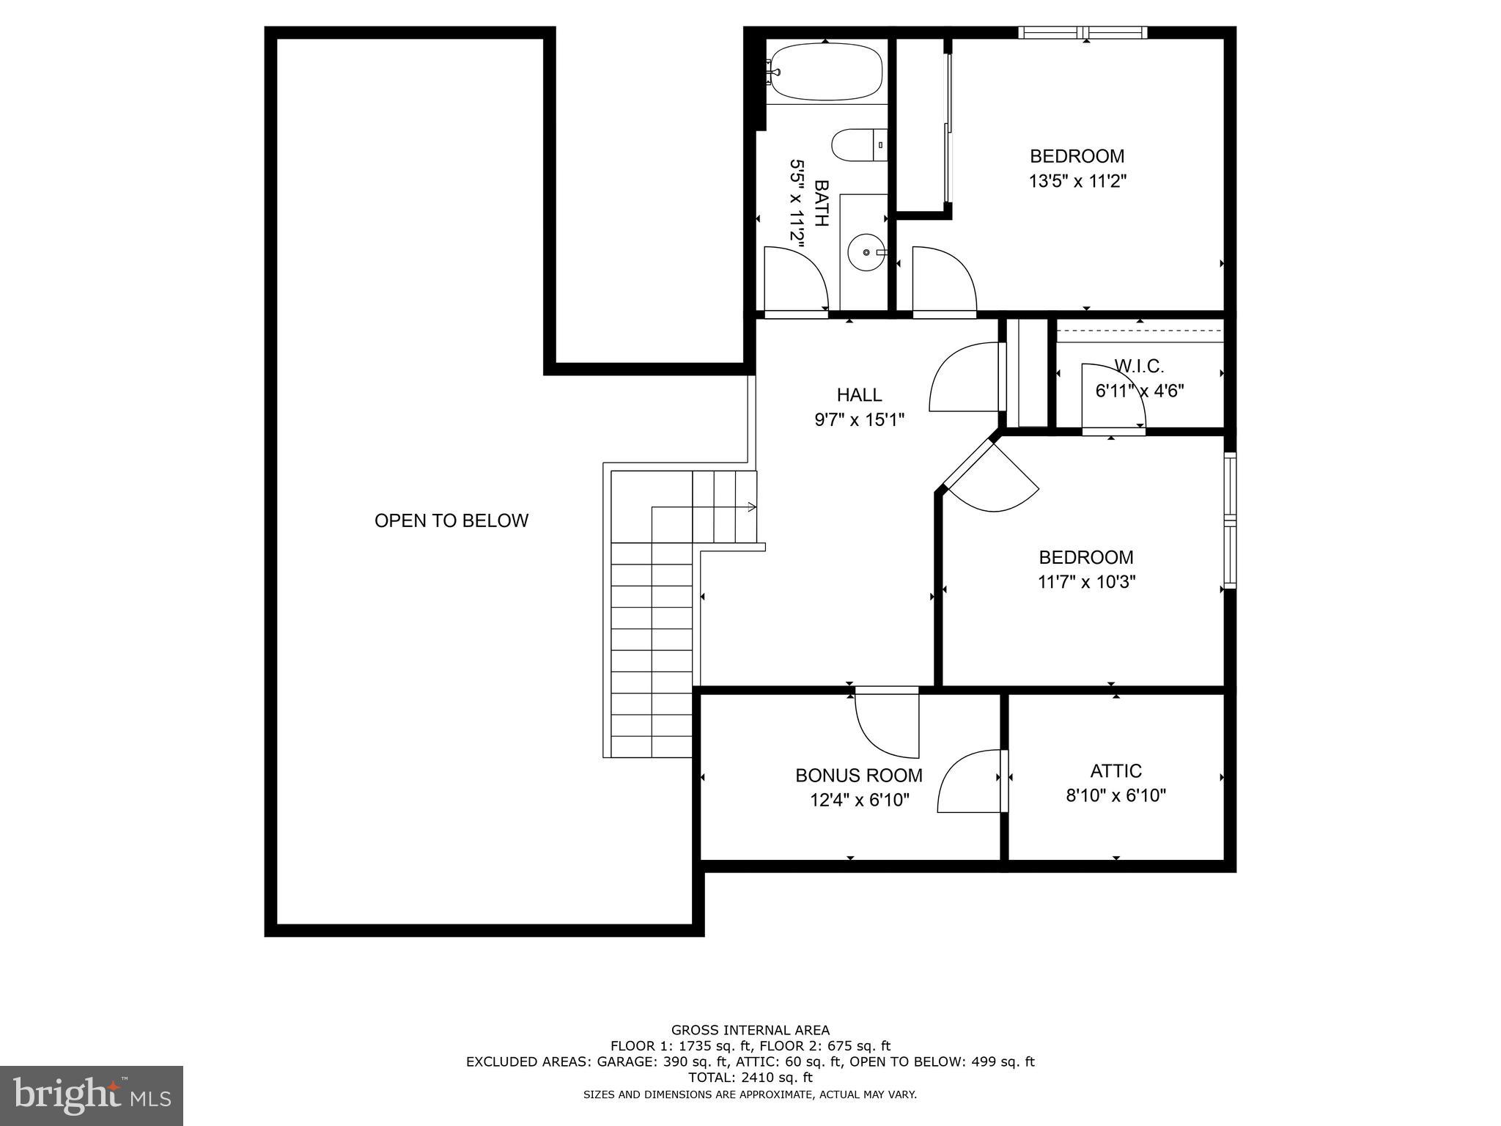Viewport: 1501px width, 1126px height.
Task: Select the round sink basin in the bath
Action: (867, 252)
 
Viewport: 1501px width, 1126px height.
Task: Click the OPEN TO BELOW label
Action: (451, 520)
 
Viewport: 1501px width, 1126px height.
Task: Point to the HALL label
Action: (859, 395)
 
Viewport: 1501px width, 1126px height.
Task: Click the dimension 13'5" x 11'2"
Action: (1077, 181)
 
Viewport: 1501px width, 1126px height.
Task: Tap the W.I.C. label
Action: (1138, 366)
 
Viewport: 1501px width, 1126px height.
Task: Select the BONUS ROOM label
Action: (859, 775)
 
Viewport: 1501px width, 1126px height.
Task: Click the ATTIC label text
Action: (1115, 770)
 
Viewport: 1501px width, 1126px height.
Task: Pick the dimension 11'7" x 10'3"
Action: (1086, 582)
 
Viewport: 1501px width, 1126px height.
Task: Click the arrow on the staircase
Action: (750, 507)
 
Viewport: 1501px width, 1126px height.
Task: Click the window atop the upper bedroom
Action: (1083, 32)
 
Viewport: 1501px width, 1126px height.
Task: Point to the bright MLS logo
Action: (92, 1095)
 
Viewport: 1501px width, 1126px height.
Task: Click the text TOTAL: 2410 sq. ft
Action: (750, 1077)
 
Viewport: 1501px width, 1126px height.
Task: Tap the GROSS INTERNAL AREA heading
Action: (750, 1030)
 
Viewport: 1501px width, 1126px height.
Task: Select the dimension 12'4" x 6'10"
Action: (859, 800)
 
